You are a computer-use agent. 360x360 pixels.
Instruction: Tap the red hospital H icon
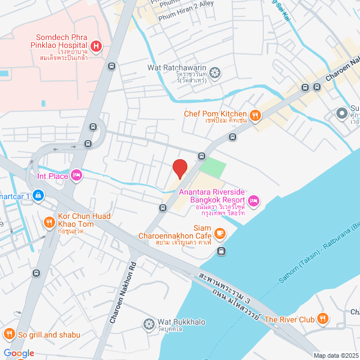point(96,46)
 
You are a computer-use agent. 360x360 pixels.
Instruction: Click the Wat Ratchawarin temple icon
point(215,71)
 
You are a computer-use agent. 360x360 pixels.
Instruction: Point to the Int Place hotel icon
point(76,176)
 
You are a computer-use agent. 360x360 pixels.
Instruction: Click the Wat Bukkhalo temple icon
point(149,323)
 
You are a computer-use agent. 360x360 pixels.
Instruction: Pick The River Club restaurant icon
point(322,319)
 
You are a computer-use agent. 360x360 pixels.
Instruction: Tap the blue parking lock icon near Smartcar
point(38,196)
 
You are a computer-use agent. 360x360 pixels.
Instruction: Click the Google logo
point(18,353)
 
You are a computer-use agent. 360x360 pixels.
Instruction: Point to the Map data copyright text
point(335,355)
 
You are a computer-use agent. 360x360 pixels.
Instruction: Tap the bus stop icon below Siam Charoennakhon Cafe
point(222,251)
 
